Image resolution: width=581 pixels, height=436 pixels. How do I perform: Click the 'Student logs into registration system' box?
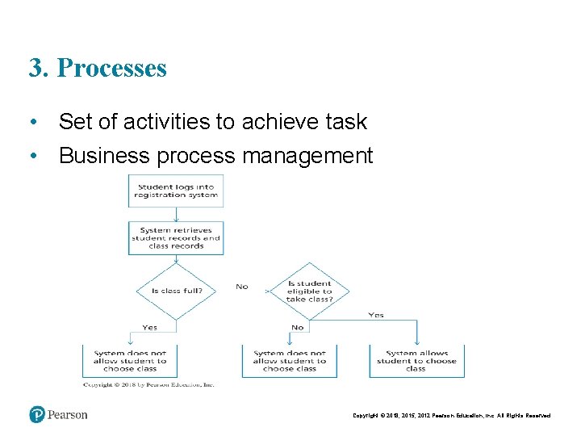175,191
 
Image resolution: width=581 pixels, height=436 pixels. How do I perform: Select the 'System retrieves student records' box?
175,238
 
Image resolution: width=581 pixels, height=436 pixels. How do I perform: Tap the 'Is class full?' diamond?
176,290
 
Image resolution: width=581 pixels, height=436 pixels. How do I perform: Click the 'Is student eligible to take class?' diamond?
309,291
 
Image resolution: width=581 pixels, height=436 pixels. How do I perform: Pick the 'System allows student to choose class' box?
416,361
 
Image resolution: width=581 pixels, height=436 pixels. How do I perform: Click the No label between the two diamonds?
242,287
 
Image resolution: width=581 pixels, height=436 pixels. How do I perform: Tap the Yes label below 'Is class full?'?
150,327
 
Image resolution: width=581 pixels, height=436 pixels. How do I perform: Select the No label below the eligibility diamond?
298,327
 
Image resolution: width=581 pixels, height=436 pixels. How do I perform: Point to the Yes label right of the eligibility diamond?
376,315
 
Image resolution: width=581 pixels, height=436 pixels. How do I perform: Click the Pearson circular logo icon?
38,414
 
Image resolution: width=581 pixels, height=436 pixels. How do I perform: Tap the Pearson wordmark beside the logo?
68,415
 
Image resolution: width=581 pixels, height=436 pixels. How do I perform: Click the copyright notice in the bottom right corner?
452,416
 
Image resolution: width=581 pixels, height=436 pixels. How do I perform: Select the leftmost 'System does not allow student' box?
130,361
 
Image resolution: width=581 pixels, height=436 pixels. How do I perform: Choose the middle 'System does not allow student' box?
289,361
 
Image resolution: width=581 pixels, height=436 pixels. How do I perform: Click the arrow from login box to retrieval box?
176,214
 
